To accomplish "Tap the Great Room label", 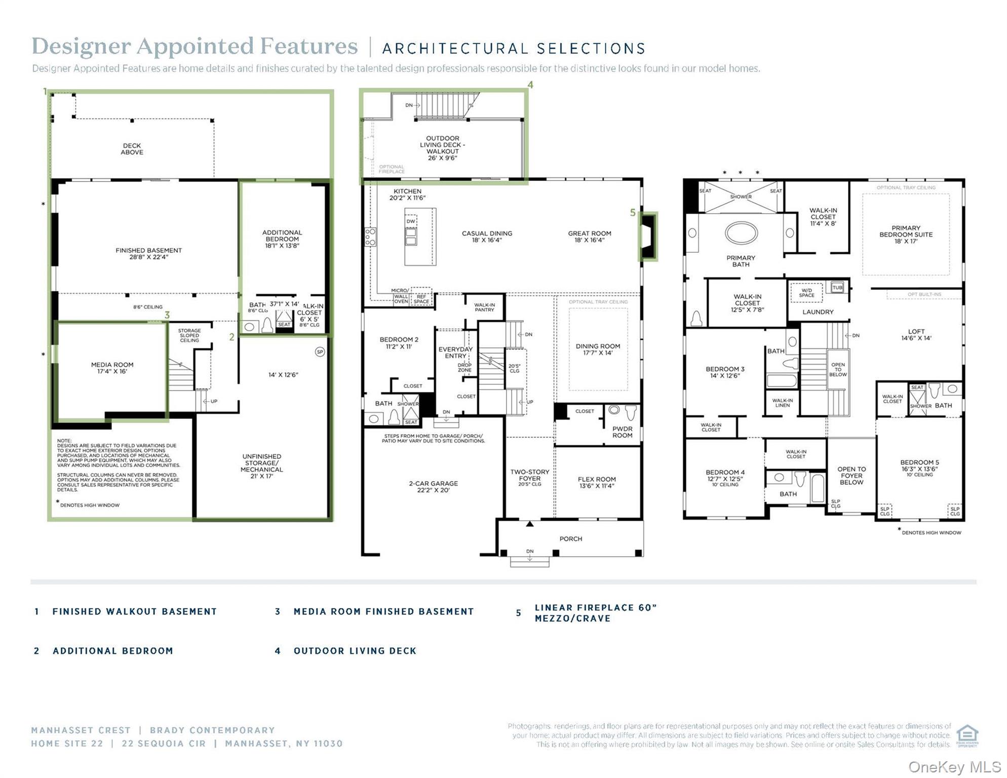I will pos(589,237).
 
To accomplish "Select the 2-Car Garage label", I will pos(433,487).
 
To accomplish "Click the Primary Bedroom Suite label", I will pos(906,235).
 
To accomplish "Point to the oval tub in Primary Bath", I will pos(741,233).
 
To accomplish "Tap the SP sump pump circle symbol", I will pos(320,352).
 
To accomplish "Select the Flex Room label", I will pos(597,482).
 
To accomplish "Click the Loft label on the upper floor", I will pos(916,335).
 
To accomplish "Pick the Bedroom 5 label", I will pos(919,465).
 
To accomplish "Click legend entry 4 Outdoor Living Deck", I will pos(355,651).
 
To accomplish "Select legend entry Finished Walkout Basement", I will pos(134,612).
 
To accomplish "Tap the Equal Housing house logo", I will pos(967,735).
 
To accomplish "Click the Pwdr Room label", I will pos(622,432).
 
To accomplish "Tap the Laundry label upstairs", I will pos(818,312).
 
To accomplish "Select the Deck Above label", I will pos(132,149).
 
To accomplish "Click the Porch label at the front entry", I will pos(571,539).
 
